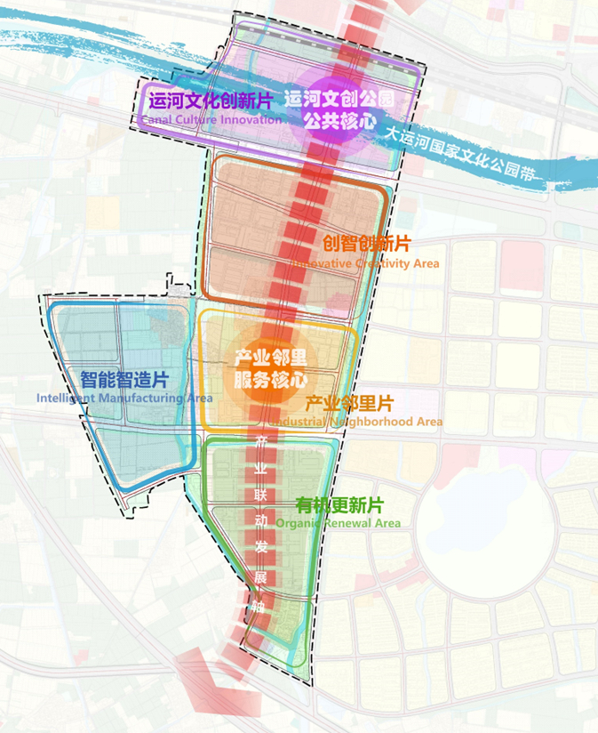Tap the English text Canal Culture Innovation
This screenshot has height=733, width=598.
[x=211, y=119]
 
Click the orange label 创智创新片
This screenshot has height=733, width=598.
[x=366, y=244]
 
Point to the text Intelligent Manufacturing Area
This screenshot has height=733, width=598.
[x=124, y=399]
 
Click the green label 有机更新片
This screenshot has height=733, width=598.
[x=340, y=504]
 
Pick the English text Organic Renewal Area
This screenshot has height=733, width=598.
[x=338, y=524]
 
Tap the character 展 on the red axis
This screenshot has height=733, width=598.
[x=260, y=578]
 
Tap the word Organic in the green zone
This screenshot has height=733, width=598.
[x=298, y=524]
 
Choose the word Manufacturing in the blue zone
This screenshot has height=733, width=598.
[x=135, y=399]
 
